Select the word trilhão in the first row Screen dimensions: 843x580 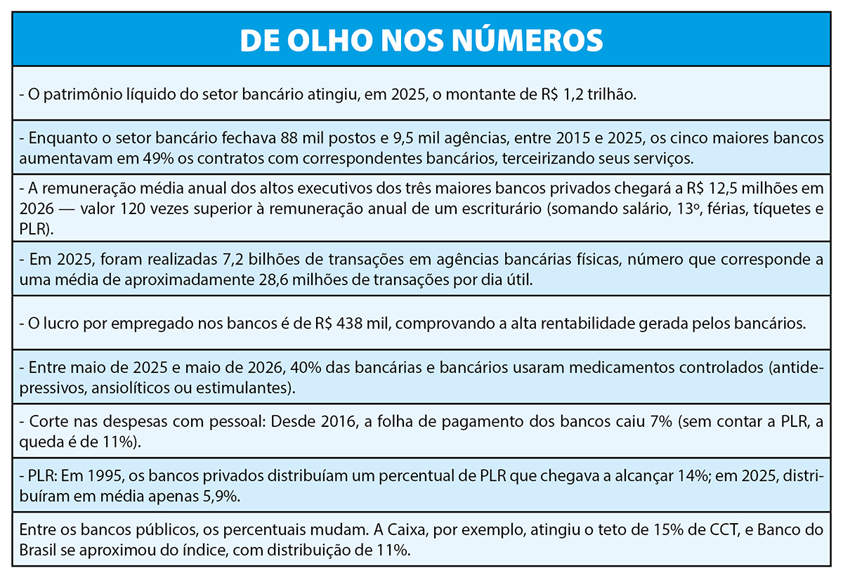pyautogui.click(x=612, y=94)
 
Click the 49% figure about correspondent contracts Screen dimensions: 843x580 pyautogui.click(x=159, y=159)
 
